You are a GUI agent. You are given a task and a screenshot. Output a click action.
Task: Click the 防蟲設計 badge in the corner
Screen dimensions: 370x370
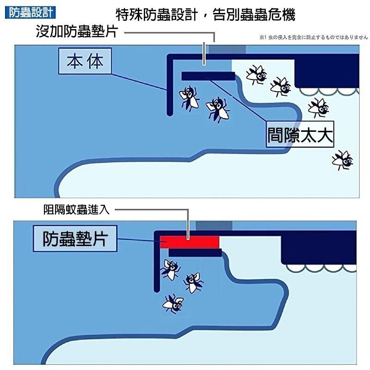[x=29, y=12]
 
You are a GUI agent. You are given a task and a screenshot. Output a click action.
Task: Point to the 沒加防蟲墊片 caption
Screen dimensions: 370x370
[x=77, y=32]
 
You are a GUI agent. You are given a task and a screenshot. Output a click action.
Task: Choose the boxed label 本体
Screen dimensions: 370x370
[x=85, y=62]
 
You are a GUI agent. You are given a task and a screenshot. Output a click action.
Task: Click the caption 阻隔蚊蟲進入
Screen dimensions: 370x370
[x=76, y=210]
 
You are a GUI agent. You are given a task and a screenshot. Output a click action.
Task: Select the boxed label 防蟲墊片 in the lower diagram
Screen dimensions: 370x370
[x=75, y=239]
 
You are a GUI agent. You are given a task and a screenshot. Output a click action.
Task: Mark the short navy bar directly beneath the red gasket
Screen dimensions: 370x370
[x=195, y=253]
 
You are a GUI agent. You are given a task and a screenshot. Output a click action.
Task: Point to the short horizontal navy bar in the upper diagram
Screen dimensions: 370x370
[x=208, y=76]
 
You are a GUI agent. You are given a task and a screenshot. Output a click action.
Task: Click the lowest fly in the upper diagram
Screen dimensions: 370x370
[x=343, y=160]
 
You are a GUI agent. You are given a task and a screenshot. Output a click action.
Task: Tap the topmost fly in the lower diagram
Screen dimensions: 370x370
[x=171, y=269]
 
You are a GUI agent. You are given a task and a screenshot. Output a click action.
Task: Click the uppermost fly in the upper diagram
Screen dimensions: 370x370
[x=256, y=74]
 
